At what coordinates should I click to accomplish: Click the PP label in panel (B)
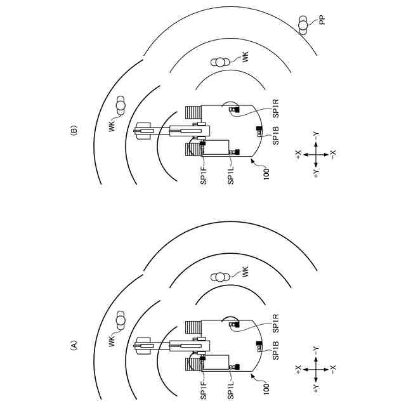click(322, 21)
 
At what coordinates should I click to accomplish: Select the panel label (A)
click(74, 345)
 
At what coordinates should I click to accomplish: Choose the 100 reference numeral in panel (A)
click(266, 385)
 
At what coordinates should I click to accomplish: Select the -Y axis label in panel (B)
click(315, 135)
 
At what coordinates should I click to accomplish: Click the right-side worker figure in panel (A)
click(221, 277)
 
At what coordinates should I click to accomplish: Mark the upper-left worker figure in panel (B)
click(121, 105)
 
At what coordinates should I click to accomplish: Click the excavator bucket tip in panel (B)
click(138, 132)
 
